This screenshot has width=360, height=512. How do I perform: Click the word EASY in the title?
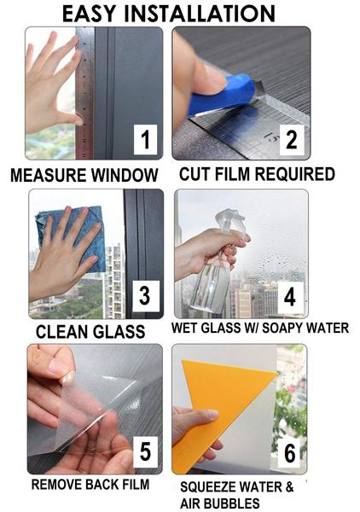(x=89, y=14)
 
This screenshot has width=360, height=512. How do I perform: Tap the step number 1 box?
(x=145, y=140)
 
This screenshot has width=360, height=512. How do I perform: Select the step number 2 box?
(x=292, y=140)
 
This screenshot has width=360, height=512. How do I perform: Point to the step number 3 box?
(x=146, y=296)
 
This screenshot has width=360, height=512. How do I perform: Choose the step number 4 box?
(x=290, y=297)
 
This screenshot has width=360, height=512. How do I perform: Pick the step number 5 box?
(x=145, y=452)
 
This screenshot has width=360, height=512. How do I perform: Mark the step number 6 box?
(x=289, y=453)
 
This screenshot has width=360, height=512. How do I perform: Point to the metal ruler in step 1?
(x=84, y=93)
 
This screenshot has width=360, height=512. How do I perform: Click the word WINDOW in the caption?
(x=125, y=175)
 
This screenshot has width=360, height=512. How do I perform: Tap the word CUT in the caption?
(x=195, y=174)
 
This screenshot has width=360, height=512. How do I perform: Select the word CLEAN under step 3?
(x=61, y=331)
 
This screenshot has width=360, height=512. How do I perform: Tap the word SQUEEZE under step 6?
(x=208, y=487)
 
